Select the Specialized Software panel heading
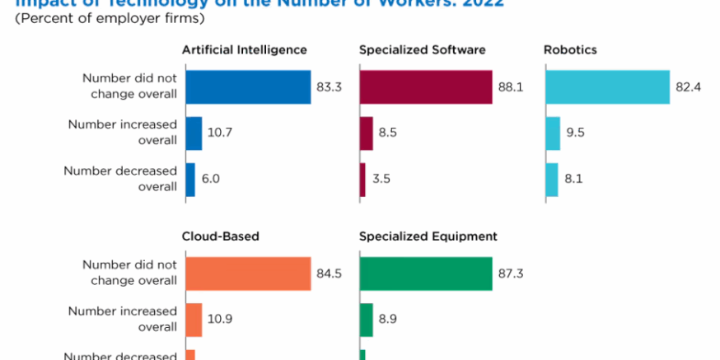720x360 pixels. pos(417,50)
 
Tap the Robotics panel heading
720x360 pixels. pos(570,50)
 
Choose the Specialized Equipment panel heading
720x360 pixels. pos(428,236)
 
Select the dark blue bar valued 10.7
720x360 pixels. pos(194,133)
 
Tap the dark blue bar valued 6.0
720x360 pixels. pos(190,180)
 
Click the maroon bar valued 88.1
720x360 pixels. pos(426,86)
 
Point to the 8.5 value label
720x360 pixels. pos(388,133)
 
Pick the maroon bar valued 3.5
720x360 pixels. pos(362,180)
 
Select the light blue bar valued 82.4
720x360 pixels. pos(607,86)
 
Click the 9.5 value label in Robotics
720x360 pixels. pos(577,133)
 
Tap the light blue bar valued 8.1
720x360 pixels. pos(552,180)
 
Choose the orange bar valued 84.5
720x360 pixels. pos(248,274)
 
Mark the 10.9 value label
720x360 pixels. pos(218,319)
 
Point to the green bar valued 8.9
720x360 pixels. pos(367,319)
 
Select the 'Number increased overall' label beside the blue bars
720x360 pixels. pos(123,133)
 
